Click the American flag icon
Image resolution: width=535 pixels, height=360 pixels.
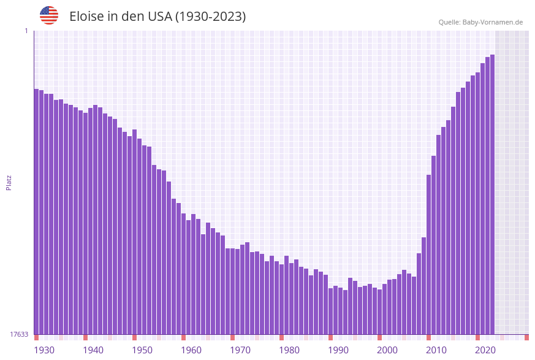(49, 15)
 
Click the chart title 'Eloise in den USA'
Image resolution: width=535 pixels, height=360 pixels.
(157, 17)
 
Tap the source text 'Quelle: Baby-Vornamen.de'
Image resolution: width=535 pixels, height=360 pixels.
(480, 22)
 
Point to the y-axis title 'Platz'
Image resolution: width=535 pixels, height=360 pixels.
(9, 182)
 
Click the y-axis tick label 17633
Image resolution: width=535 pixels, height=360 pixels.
(19, 334)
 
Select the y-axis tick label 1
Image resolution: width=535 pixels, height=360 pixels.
(26, 31)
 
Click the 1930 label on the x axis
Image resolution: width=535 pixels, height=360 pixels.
(44, 350)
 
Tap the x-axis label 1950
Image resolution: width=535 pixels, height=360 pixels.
(142, 350)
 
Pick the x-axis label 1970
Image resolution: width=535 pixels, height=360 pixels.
(240, 350)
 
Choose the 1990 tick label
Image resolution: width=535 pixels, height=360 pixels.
(338, 350)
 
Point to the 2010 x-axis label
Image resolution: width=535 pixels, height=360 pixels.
(436, 350)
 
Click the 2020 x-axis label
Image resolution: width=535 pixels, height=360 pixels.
(485, 350)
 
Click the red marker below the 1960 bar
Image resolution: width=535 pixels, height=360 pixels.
(183, 337)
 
